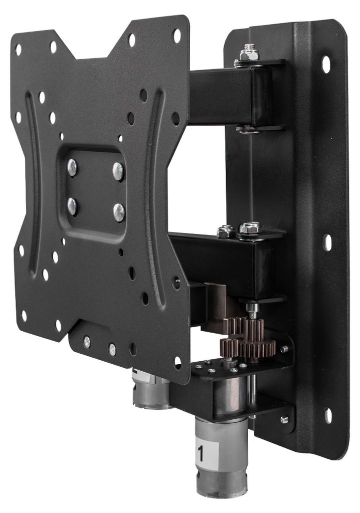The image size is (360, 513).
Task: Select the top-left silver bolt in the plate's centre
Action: click(x=72, y=167)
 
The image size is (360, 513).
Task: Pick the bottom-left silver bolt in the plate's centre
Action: click(x=72, y=206)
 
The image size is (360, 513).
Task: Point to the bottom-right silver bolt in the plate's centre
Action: click(x=119, y=212)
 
